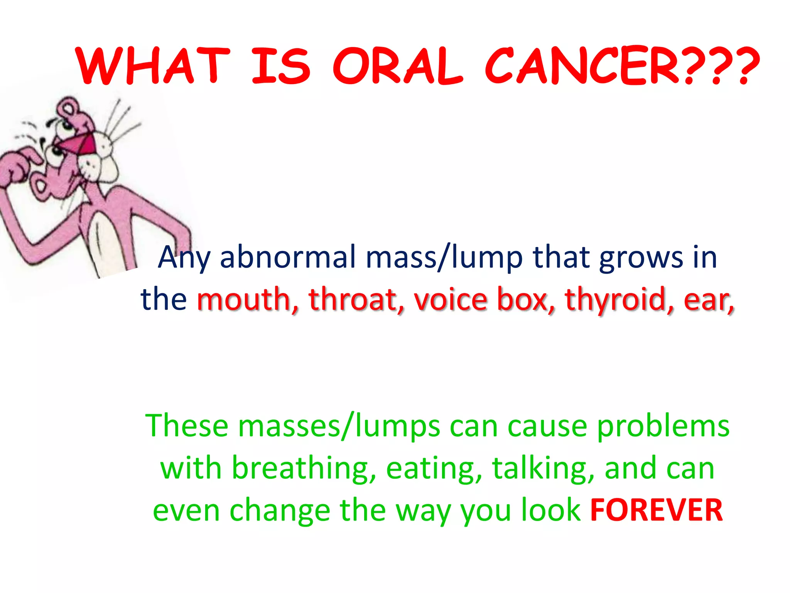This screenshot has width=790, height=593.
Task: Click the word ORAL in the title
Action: coord(397,66)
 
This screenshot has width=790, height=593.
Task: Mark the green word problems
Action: coord(663,427)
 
